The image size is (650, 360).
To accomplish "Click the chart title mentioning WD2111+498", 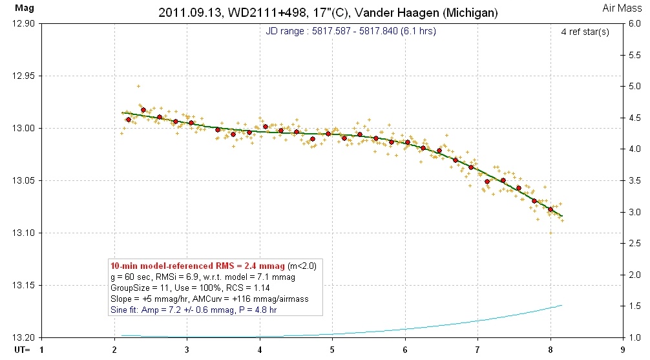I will coord(328,12).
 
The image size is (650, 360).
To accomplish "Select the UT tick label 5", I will coord(332,350).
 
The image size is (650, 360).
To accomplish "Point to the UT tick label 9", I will coord(622,350).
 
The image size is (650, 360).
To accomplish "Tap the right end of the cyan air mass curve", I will coord(561,305).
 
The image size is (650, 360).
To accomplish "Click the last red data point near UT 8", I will coord(550,209).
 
